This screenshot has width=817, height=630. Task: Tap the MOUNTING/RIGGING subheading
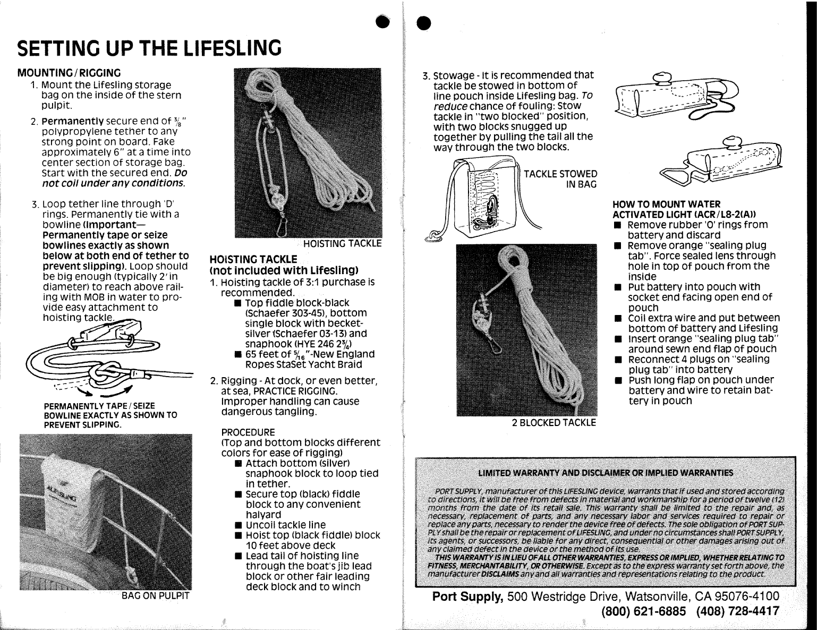[x=69, y=73]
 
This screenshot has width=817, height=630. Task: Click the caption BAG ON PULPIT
[x=155, y=595]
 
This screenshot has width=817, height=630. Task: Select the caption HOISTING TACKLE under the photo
[x=342, y=243]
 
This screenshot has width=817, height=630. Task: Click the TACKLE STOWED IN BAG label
[x=560, y=179]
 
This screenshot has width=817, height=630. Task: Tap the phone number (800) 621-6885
[x=644, y=611]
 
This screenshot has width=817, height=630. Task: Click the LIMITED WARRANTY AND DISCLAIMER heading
[x=606, y=473]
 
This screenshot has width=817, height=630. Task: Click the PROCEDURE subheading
[x=248, y=432]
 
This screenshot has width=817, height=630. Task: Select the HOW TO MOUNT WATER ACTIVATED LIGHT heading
[x=684, y=209]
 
